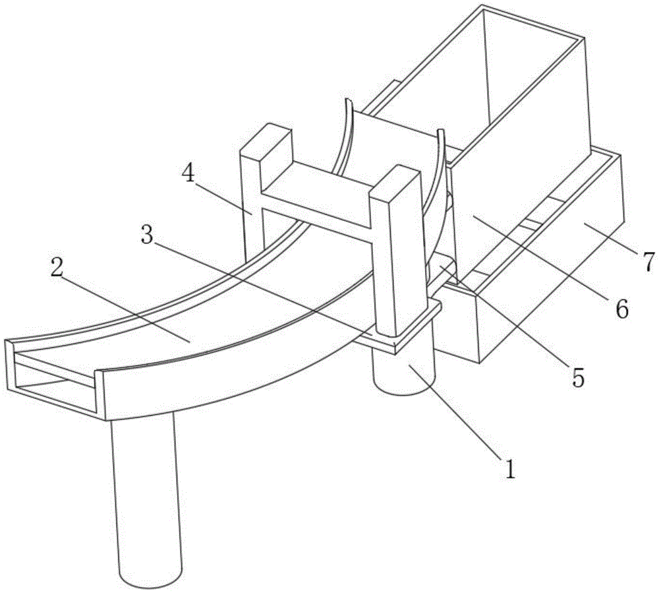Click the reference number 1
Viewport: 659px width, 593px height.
(510, 468)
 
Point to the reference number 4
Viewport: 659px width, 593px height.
(188, 173)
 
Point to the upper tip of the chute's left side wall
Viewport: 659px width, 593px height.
(348, 100)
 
